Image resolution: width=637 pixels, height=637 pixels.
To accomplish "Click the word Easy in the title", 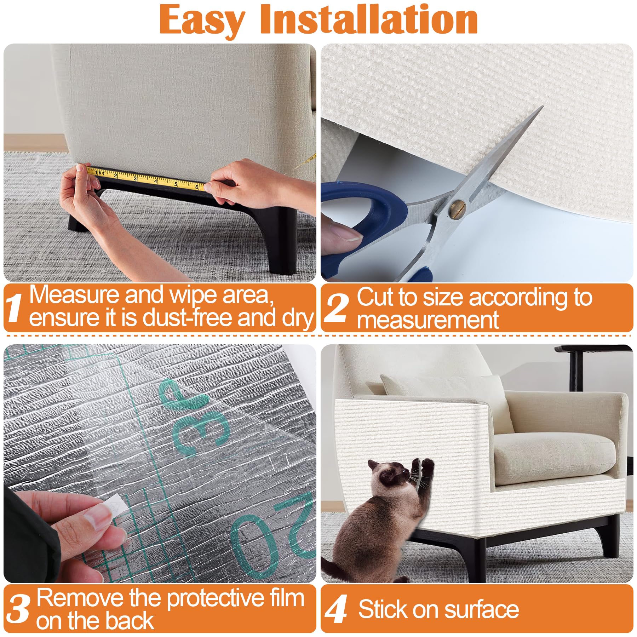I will [x=202, y=21].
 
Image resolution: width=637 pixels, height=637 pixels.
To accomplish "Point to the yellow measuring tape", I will [x=149, y=178].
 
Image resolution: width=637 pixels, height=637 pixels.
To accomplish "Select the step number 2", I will [x=337, y=307].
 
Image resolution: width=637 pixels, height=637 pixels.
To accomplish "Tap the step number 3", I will [x=18, y=608].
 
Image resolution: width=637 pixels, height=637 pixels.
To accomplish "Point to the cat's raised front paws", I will [x=423, y=464].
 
